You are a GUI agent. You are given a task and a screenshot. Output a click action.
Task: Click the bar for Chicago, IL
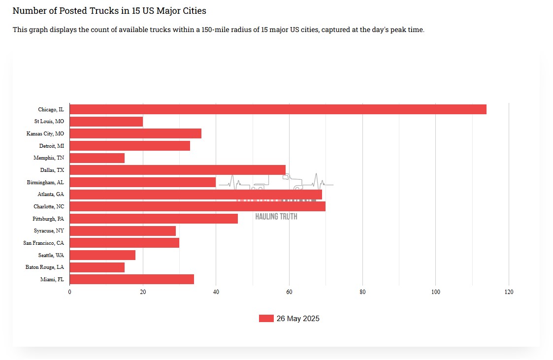(278, 109)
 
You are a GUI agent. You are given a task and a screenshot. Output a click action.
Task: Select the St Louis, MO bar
(106, 122)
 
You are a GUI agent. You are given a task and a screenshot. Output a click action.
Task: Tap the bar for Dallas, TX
(177, 170)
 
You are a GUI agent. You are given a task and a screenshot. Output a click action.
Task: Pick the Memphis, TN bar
(97, 158)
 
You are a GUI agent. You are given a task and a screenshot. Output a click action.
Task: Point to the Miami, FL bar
(131, 280)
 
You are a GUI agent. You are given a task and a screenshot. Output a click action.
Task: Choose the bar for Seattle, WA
(102, 255)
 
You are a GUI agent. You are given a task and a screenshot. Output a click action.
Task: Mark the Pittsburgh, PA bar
(154, 219)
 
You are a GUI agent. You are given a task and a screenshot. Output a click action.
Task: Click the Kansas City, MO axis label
(45, 133)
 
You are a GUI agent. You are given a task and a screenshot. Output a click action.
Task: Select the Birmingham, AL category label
(45, 182)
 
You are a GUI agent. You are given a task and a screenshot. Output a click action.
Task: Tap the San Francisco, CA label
(43, 243)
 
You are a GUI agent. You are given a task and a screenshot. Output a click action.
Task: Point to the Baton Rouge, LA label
(45, 267)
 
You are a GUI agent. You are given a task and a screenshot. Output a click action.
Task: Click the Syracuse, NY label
(49, 231)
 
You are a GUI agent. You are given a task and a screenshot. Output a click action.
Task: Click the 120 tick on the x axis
(509, 292)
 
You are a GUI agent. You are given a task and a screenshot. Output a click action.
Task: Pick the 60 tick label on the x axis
(289, 292)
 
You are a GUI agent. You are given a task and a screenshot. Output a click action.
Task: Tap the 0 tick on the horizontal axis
(69, 292)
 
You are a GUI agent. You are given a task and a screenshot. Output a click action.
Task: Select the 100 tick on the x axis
(435, 292)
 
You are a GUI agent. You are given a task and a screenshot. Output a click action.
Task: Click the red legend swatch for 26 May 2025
(266, 319)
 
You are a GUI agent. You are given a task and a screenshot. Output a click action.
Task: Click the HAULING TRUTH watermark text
(276, 216)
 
